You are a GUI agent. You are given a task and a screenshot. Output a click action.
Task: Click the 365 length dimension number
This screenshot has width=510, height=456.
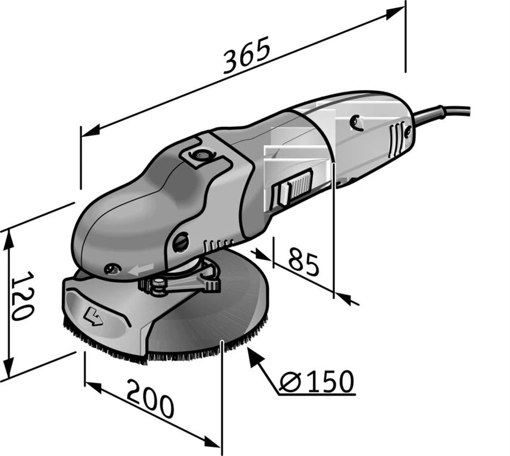(246, 54)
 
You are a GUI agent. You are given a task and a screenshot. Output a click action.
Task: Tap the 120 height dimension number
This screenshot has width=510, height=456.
(22, 295)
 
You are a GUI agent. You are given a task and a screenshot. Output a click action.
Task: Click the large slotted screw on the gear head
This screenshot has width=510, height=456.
(181, 242)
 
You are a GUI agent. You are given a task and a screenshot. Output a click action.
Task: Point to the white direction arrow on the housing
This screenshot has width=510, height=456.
(141, 269)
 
